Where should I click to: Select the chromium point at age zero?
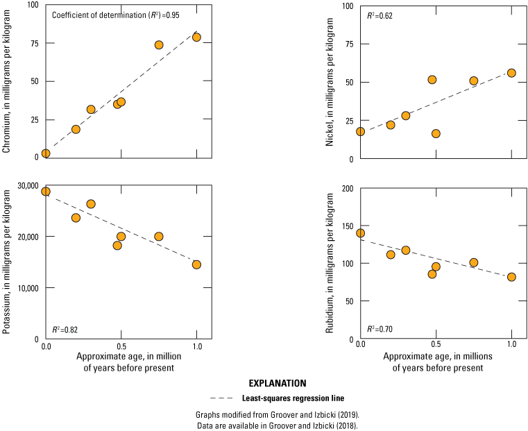click(x=46, y=153)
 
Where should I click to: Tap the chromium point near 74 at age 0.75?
click(x=159, y=45)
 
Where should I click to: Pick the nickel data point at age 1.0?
click(x=511, y=73)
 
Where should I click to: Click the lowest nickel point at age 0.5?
click(x=436, y=133)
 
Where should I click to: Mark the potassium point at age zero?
click(x=46, y=192)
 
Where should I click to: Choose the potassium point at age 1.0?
click(x=196, y=264)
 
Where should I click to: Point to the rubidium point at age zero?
click(x=360, y=233)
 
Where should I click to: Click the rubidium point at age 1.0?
click(x=511, y=277)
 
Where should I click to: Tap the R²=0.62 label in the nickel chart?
click(x=380, y=15)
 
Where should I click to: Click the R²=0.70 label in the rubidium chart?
click(x=380, y=328)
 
